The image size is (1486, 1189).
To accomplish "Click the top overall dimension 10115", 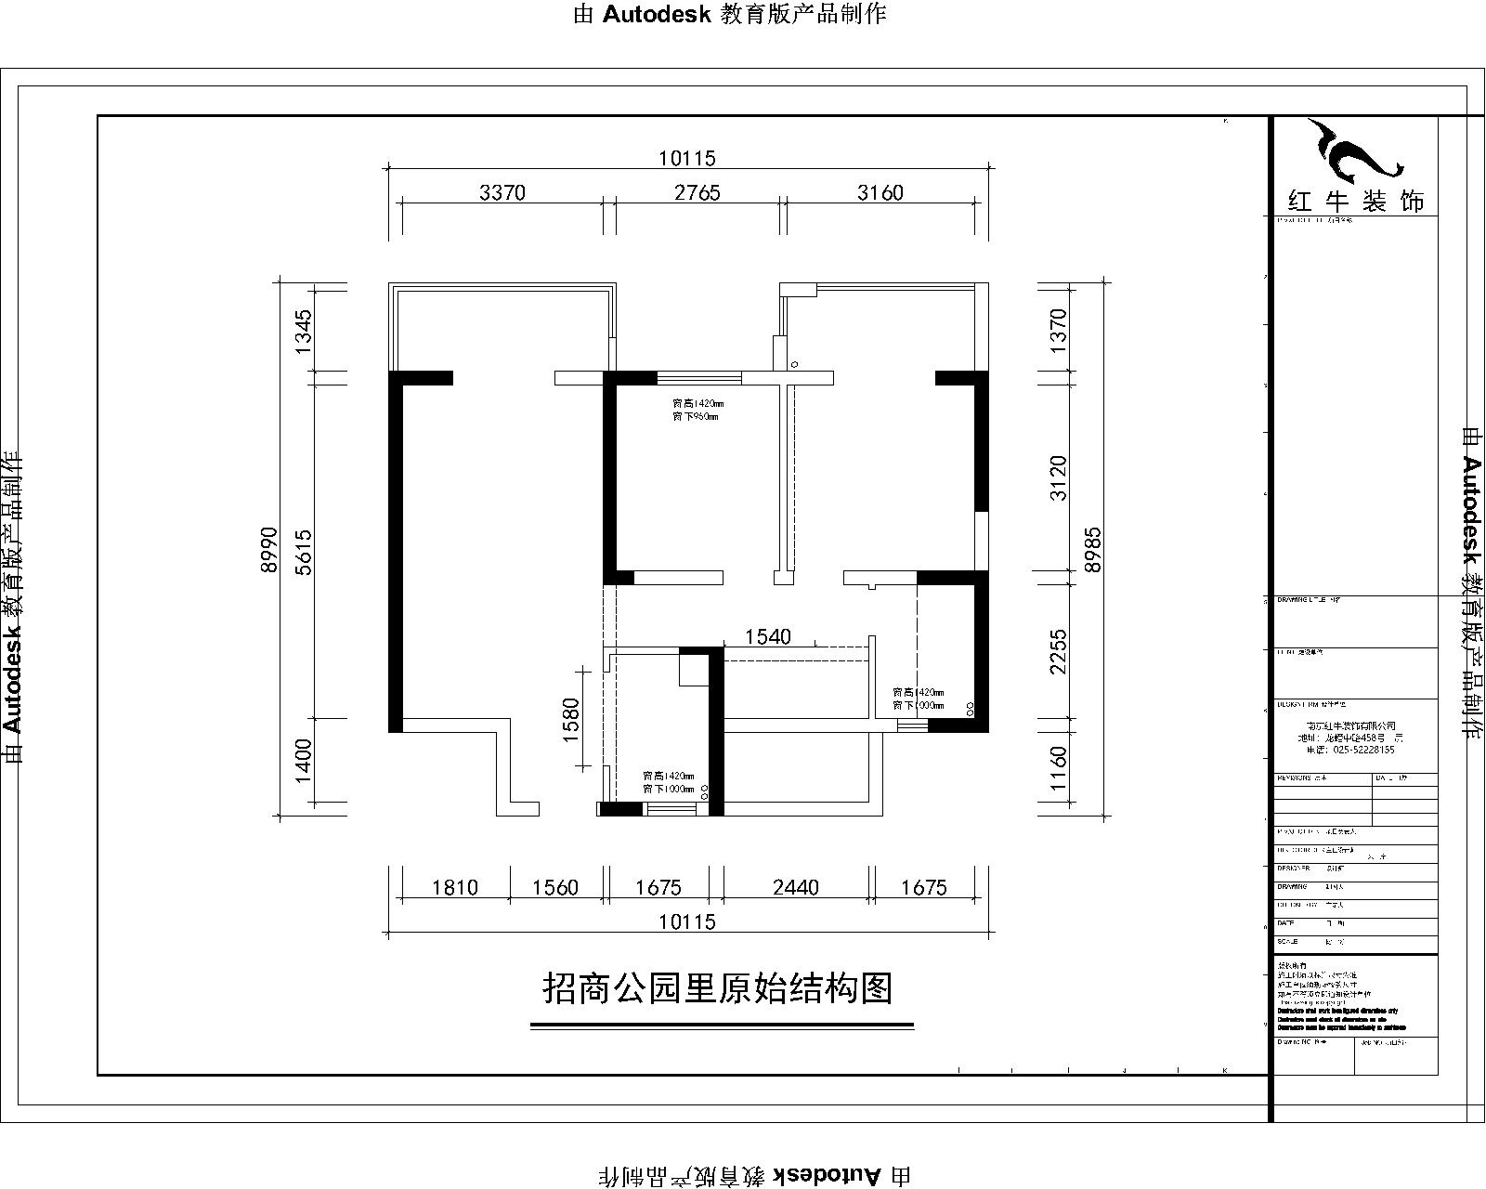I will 687,159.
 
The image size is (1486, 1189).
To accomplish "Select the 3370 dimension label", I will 502,193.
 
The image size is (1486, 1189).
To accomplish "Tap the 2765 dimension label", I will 697,193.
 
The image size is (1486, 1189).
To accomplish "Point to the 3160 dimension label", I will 880,193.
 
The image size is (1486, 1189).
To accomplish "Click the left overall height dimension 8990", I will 269,550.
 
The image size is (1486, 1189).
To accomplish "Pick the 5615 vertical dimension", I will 304,552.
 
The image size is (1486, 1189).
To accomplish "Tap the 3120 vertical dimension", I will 1058,477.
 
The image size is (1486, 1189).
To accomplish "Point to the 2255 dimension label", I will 1058,652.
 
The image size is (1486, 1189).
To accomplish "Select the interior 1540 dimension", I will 768,636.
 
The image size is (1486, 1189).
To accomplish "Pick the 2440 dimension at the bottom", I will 796,887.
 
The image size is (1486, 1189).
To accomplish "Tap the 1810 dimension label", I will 455,887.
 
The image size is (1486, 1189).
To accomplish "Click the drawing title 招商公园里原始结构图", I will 717,988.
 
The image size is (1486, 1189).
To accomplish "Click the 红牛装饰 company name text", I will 1355,201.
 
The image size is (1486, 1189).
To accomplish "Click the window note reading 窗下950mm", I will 696,417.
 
